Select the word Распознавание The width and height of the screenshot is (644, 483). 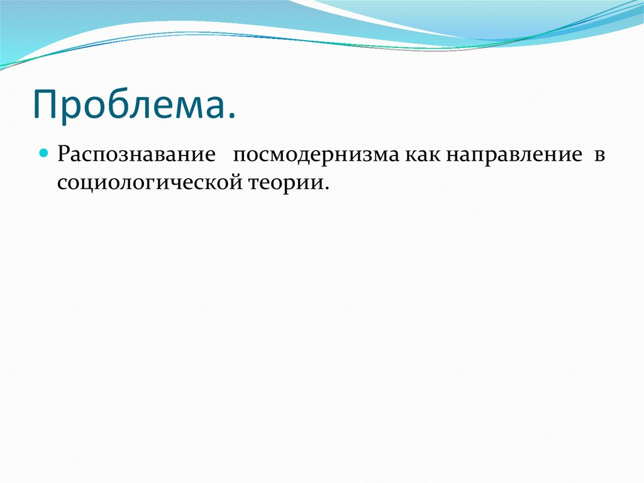click(135, 156)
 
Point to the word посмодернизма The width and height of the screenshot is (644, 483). click(317, 156)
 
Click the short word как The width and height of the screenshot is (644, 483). click(423, 156)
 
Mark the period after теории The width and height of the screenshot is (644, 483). click(327, 188)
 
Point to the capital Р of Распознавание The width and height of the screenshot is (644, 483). click(64, 155)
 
